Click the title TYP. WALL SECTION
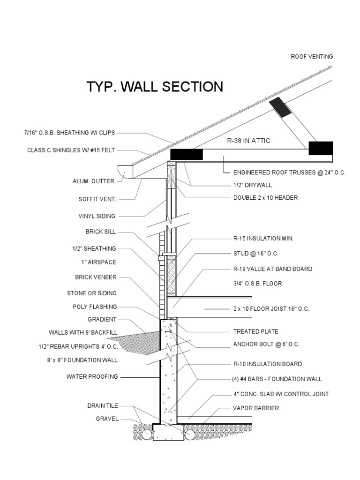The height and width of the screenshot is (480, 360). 155,87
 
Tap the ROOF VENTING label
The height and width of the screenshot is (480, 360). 312,56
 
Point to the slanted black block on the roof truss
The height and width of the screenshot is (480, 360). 282,107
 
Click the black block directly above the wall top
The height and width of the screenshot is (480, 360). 186,154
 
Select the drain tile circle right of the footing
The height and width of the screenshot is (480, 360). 189,435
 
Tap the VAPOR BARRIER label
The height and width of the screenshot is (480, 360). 255,408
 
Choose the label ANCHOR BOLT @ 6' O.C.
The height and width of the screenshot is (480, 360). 266,344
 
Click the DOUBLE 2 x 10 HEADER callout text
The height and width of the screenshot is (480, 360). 265,198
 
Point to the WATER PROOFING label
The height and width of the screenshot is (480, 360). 92,376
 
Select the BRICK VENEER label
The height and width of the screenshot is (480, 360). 96,277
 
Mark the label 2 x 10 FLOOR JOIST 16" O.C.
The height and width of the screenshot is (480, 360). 271,309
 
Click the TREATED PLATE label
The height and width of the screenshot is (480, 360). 255,331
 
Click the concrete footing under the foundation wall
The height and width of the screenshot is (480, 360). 168,432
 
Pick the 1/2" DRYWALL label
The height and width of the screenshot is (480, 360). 252,185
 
